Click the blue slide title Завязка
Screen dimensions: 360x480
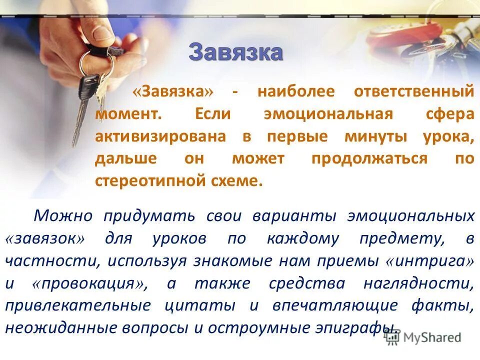pyautogui.click(x=235, y=52)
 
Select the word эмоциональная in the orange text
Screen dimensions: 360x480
pyautogui.click(x=328, y=113)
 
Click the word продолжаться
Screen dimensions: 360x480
pyautogui.click(x=370, y=159)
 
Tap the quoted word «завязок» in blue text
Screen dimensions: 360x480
pyautogui.click(x=44, y=239)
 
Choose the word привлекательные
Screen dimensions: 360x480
pyautogui.click(x=77, y=305)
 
